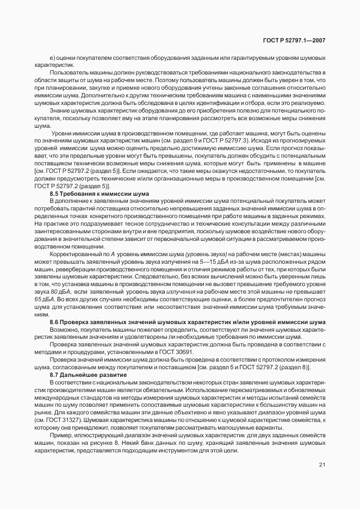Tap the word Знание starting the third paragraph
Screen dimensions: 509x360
[60, 110]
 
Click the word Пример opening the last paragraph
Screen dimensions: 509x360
[60, 436]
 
